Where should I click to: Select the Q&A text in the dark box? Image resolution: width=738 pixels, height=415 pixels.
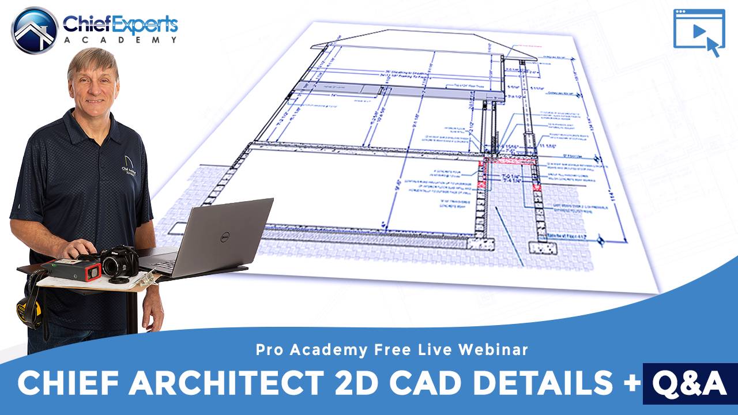690,383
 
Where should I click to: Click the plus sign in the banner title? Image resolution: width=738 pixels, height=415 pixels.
630,383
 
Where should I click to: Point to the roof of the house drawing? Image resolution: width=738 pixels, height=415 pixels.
415,40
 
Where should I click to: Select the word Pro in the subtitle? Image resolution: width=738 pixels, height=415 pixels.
268,349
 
